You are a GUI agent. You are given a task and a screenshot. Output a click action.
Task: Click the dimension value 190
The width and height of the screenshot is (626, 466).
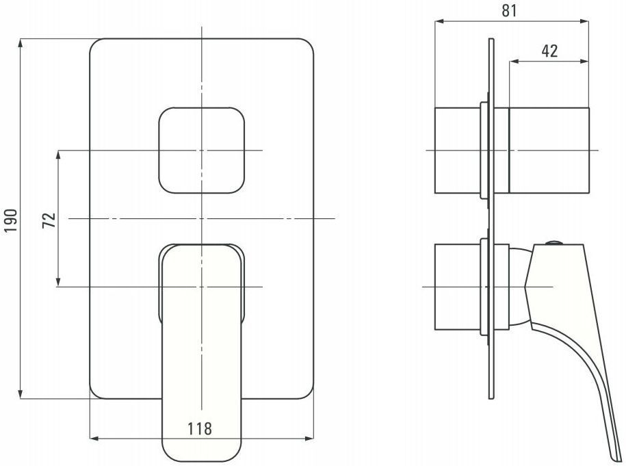11,220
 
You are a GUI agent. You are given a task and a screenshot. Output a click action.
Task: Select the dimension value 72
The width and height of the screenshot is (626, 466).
49,220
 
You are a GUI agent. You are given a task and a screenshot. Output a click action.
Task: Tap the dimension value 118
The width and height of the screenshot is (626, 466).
200,429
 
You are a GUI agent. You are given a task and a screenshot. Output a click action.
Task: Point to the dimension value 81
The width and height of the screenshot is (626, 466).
509,11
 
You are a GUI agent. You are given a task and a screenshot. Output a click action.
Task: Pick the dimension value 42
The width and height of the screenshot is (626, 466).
549,51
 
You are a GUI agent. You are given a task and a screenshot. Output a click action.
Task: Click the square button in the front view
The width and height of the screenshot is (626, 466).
202,150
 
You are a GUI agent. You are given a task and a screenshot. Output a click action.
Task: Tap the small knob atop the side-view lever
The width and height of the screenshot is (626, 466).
554,242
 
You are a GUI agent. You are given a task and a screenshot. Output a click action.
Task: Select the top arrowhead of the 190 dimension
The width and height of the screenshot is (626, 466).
21,42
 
